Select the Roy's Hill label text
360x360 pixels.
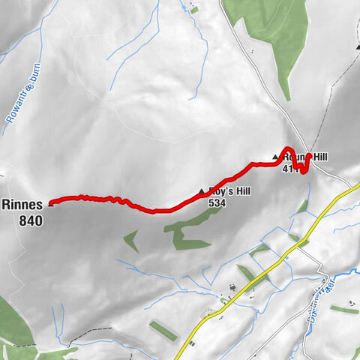[229, 192]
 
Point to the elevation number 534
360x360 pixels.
[217, 203]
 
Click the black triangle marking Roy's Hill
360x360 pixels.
[202, 193]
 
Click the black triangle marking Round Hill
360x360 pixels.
[275, 157]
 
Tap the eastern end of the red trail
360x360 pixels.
[308, 156]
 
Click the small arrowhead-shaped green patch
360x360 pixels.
[130, 240]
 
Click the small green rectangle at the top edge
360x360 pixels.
[195, 10]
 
